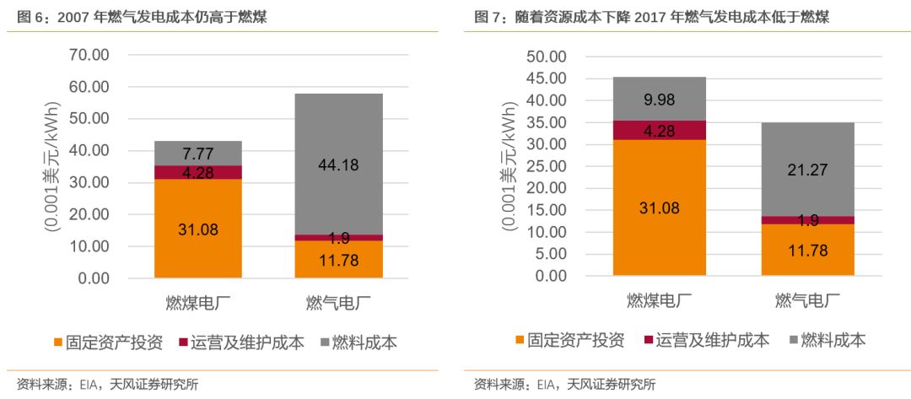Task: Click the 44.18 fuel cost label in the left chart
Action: (x=337, y=165)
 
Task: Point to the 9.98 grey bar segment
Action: (x=660, y=99)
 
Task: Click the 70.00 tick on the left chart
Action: (x=89, y=56)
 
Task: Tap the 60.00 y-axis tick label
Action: (x=89, y=87)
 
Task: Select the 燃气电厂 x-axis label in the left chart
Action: (x=338, y=302)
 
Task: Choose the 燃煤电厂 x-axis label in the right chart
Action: (x=660, y=300)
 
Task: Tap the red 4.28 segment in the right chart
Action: (x=660, y=130)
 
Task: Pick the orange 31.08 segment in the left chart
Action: (x=198, y=228)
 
